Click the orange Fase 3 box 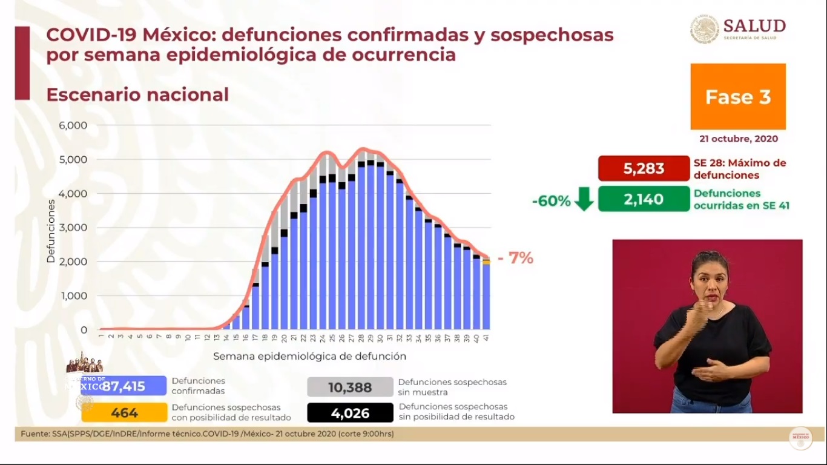point(738,97)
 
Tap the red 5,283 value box point(644,168)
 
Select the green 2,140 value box point(644,199)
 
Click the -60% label point(551,201)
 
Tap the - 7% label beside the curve point(515,259)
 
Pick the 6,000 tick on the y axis point(73,125)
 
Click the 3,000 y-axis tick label point(73,228)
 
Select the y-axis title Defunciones point(51,231)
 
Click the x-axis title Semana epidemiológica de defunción point(309,357)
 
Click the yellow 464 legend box point(124,413)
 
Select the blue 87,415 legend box point(124,386)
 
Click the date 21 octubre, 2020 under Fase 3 point(738,139)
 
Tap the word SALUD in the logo point(754,26)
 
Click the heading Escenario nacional point(137,95)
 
